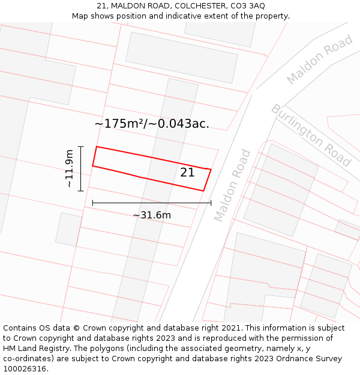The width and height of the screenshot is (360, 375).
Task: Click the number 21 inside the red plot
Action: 187,173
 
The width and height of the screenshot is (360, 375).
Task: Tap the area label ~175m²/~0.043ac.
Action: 152,124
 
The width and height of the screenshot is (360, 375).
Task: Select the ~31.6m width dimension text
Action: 152,215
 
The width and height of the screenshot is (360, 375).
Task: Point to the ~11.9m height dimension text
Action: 70,169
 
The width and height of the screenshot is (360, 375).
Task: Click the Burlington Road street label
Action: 311,135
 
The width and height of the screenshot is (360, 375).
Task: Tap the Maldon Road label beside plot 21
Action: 232,185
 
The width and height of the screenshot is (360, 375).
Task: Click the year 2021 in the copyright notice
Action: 230,328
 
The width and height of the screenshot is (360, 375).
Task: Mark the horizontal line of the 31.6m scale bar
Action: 152,203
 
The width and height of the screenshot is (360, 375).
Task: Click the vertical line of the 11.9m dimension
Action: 80,169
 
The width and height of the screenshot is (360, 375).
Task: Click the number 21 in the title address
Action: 100,6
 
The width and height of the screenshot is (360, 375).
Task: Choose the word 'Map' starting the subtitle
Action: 80,16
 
